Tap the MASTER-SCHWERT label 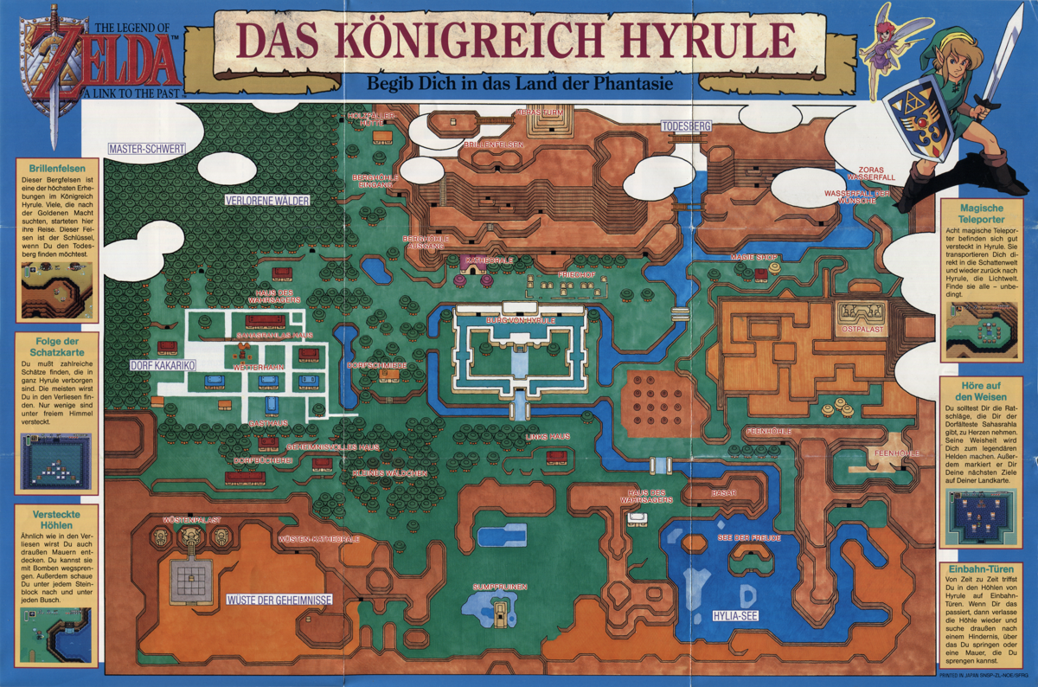(146, 149)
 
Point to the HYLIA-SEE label (734, 617)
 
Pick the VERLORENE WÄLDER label (267, 200)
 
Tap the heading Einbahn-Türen (980, 569)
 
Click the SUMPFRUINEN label (499, 587)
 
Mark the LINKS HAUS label (548, 437)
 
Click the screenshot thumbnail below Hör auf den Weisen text (980, 517)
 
